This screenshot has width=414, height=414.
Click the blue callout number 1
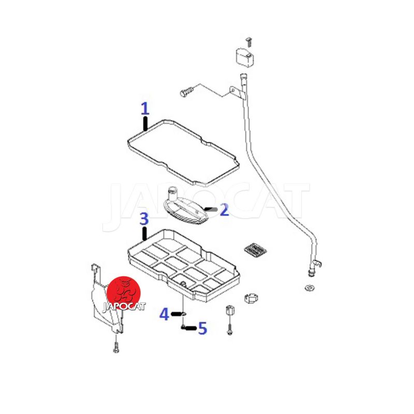(x=145, y=109)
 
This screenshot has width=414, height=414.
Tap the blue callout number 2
(x=224, y=210)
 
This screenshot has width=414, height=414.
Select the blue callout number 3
(x=144, y=219)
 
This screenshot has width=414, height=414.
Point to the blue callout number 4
(x=164, y=314)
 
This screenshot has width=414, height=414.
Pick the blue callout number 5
(x=203, y=328)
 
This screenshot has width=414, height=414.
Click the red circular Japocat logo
(x=124, y=293)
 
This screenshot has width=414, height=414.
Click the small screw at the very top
(x=248, y=42)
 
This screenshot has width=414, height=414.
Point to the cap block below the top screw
(x=244, y=57)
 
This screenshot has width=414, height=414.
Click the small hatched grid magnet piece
(x=255, y=250)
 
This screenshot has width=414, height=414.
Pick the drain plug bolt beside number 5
(x=183, y=327)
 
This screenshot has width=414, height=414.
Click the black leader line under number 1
(x=145, y=124)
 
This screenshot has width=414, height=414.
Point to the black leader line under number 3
(x=145, y=234)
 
